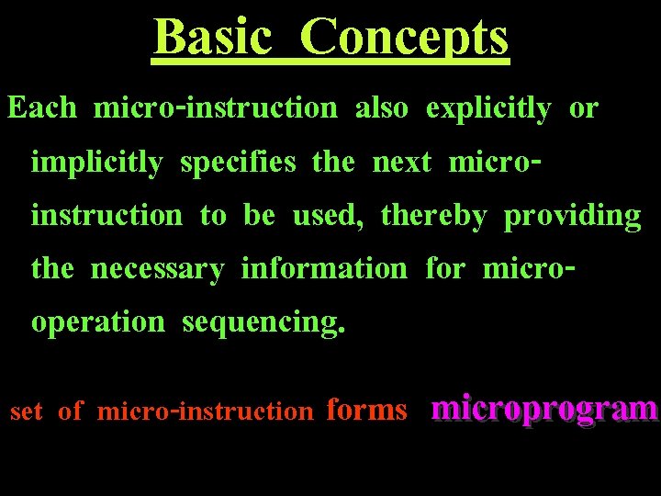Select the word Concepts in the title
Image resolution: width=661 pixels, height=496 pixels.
click(404, 39)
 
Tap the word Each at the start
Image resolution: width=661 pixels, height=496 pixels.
click(42, 108)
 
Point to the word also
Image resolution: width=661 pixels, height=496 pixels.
click(381, 108)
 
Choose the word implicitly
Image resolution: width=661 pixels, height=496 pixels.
click(96, 163)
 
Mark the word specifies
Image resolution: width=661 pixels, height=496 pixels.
click(238, 163)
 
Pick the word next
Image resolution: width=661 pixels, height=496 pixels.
click(402, 163)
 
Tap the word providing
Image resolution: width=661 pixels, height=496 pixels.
click(573, 217)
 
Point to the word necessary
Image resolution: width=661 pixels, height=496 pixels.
click(157, 269)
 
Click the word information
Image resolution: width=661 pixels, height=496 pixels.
click(323, 269)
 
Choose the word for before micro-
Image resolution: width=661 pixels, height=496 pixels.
click(445, 269)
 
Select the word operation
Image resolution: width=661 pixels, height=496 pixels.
click(98, 323)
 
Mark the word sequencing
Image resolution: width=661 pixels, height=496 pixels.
click(264, 323)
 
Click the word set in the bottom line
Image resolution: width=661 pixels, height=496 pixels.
click(27, 411)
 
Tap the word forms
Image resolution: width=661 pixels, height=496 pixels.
click(366, 410)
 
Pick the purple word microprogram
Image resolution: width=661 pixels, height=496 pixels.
click(544, 408)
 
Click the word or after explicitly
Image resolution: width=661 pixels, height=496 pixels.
click(584, 108)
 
